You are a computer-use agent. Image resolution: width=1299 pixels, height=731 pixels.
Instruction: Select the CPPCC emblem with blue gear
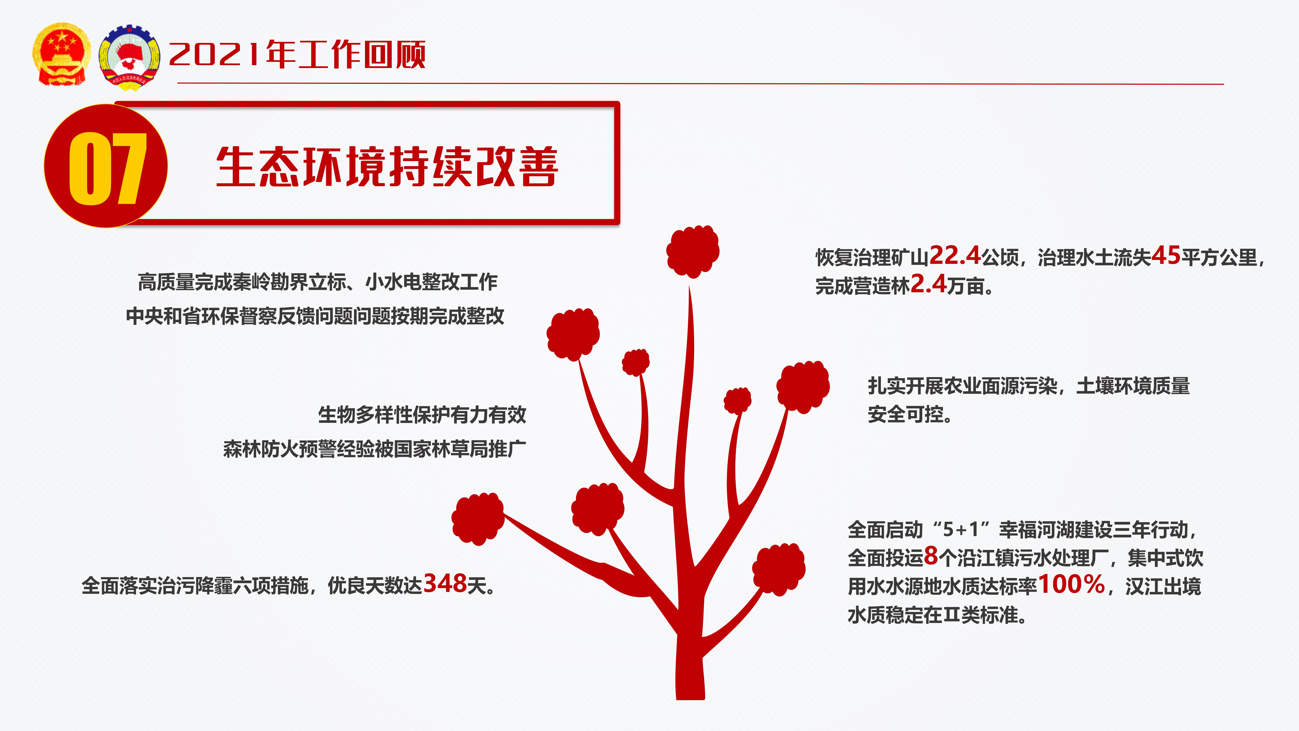130,58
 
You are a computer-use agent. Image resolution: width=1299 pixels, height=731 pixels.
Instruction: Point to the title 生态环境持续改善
387,167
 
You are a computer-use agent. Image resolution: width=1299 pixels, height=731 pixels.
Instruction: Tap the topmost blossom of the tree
692,251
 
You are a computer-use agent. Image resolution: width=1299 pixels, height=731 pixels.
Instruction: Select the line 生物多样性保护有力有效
422,415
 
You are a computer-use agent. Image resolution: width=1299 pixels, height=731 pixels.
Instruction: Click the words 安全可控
905,414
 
